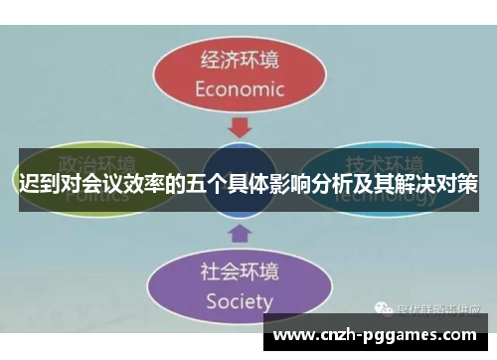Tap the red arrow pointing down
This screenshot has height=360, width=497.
pos(240,128)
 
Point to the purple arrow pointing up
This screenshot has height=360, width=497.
pos(240,234)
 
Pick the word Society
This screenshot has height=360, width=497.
pos(239,299)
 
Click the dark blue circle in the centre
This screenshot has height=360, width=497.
pos(240,181)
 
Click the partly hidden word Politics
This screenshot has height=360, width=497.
pos(96,195)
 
